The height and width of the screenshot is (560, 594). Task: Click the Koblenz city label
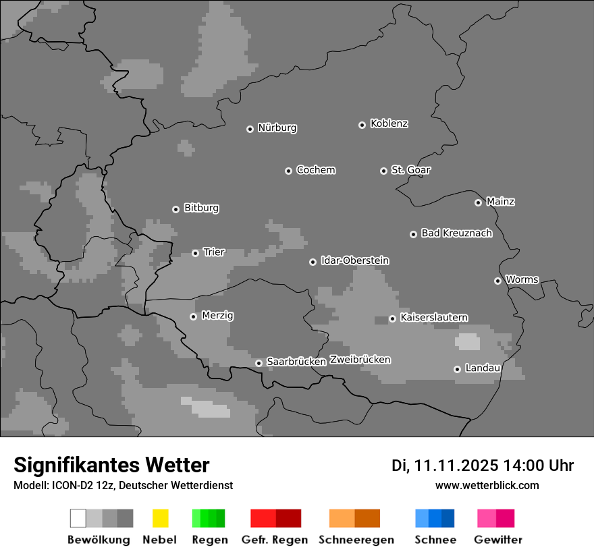(x=389, y=123)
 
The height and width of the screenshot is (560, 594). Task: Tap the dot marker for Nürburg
(x=250, y=129)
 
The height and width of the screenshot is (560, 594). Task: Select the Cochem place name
(x=315, y=170)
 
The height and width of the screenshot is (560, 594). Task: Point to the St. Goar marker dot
(x=383, y=171)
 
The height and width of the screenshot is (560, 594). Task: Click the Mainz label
(x=500, y=201)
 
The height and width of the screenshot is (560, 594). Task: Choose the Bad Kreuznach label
(x=456, y=233)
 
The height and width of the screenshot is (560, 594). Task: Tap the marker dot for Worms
(x=497, y=281)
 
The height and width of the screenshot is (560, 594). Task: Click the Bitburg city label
(x=201, y=208)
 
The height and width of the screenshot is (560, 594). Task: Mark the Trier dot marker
(x=195, y=253)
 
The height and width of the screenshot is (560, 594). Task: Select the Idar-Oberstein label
(x=354, y=260)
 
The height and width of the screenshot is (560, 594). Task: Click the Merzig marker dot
(x=193, y=316)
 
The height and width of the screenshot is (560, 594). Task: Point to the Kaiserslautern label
(x=433, y=317)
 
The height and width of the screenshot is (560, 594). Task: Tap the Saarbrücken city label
(x=296, y=362)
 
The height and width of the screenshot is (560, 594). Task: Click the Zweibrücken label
(x=360, y=360)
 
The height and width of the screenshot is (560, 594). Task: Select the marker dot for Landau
(x=457, y=369)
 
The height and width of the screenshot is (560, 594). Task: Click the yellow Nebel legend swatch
(x=160, y=518)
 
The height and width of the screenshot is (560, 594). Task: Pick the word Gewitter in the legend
(x=498, y=540)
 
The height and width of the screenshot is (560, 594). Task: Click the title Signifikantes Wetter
(x=111, y=465)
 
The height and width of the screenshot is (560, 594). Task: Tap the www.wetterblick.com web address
(x=487, y=485)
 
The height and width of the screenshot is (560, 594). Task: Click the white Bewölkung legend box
(x=78, y=518)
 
